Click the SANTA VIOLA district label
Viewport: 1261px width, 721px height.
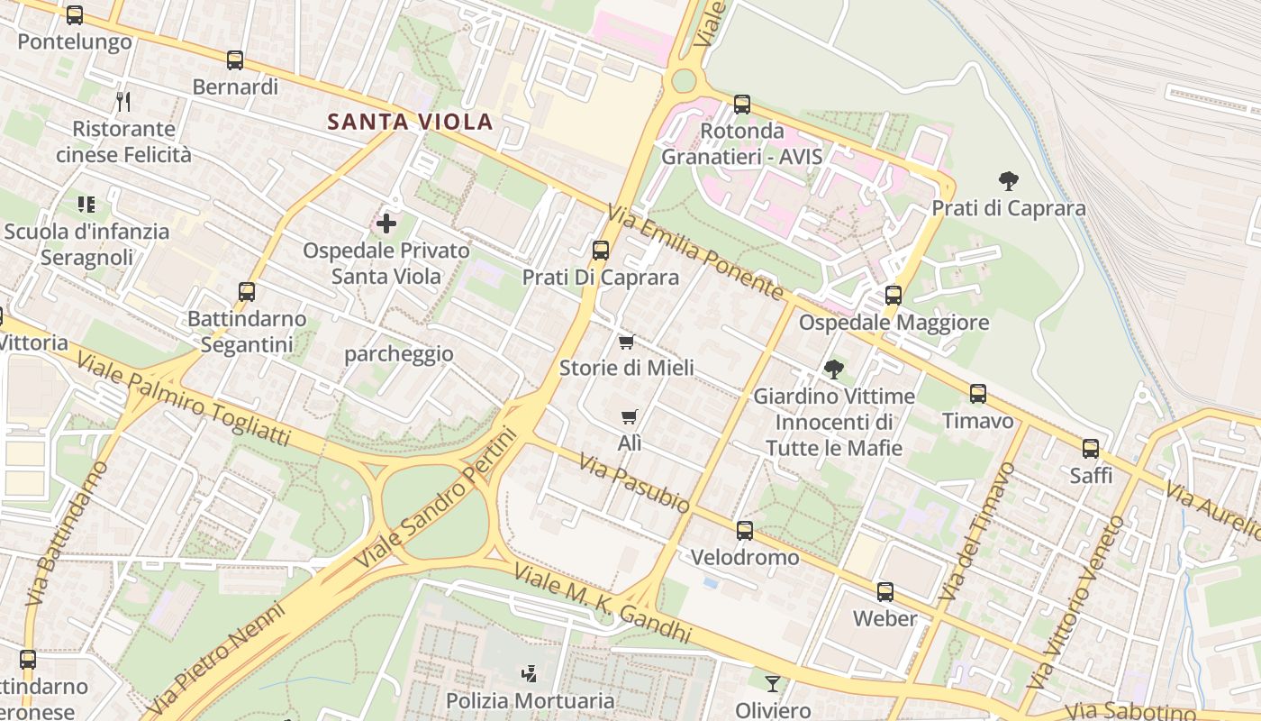click(410, 122)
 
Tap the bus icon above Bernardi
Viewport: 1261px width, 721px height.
click(235, 60)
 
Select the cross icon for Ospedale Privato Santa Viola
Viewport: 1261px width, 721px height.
click(386, 223)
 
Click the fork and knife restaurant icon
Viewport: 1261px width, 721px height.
click(123, 101)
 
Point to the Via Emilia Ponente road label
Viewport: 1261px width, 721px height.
click(694, 251)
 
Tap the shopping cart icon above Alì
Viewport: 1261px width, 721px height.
click(630, 416)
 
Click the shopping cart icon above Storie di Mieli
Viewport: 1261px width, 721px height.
click(627, 342)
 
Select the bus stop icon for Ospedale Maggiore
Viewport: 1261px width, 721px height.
click(893, 296)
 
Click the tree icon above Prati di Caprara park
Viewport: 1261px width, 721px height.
click(1008, 181)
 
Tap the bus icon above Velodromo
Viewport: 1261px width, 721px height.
click(744, 531)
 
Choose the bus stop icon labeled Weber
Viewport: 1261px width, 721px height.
click(885, 592)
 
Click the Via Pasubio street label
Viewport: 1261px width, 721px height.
click(634, 484)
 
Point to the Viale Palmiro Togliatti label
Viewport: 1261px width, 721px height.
click(184, 399)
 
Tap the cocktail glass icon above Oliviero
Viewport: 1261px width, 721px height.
click(772, 684)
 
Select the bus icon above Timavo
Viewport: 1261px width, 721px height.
click(978, 394)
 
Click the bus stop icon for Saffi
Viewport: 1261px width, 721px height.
click(1091, 448)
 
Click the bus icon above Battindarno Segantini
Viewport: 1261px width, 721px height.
click(247, 292)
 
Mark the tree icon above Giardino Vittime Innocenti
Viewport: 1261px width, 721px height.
click(834, 369)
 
